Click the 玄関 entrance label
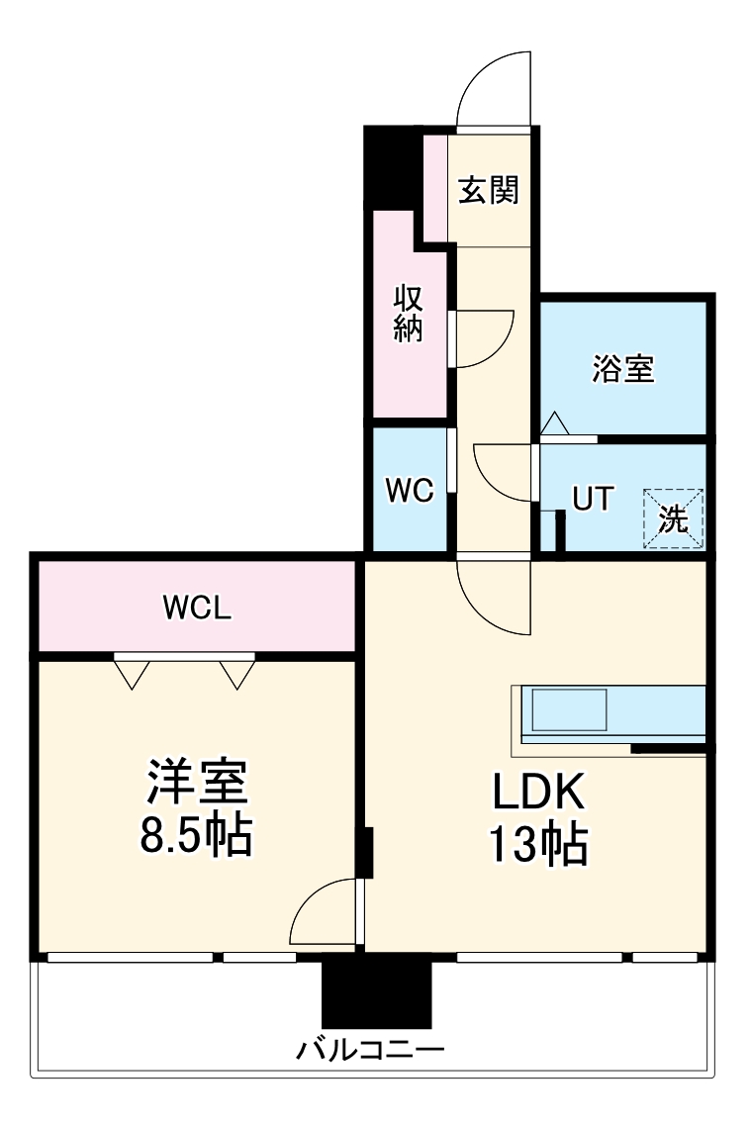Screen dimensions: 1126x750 (488, 189)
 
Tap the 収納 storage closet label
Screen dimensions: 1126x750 (409, 313)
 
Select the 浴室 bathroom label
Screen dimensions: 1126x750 (623, 368)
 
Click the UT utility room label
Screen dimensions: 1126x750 (594, 499)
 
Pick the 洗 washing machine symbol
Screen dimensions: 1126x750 (674, 517)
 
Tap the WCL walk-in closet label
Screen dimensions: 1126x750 (197, 608)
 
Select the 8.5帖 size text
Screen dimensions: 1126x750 (196, 837)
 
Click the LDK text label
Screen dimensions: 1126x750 (540, 792)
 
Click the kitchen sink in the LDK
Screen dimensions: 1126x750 (569, 709)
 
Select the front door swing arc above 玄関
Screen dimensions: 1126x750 (495, 89)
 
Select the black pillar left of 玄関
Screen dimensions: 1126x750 (393, 163)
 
